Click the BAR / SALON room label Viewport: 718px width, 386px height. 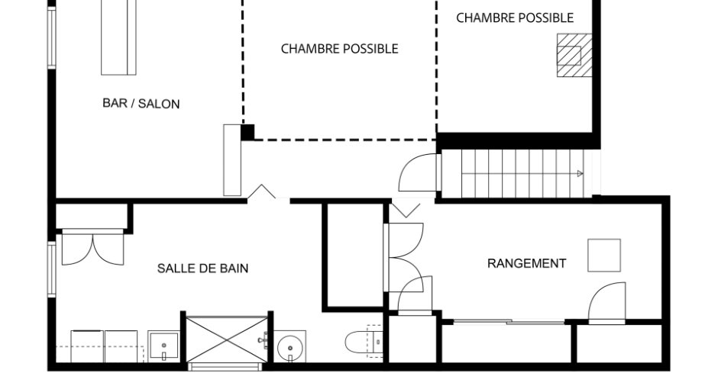[x=141, y=104]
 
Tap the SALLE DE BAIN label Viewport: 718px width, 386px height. [x=202, y=269]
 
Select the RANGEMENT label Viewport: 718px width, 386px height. [x=527, y=264]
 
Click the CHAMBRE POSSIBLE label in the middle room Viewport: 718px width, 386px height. [x=340, y=49]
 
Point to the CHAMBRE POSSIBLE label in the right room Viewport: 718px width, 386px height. [x=515, y=18]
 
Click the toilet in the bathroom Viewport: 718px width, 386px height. [x=362, y=343]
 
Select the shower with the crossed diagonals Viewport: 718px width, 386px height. [x=227, y=339]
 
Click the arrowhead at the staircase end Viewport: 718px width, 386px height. [x=580, y=174]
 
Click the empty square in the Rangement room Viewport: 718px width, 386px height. [x=604, y=256]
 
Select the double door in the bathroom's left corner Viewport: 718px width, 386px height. [x=92, y=249]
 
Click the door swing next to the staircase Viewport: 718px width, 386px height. [x=419, y=173]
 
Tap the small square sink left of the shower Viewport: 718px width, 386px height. [x=163, y=347]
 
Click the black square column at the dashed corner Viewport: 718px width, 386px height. [x=247, y=132]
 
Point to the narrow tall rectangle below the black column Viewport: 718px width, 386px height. [x=232, y=160]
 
